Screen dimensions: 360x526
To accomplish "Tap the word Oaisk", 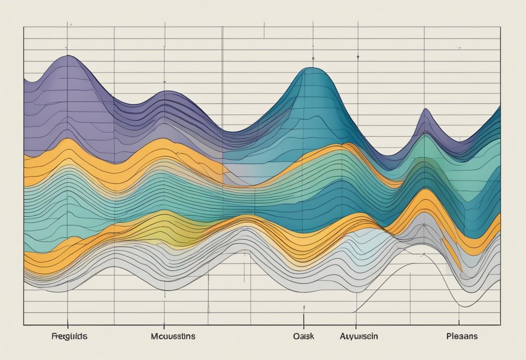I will tap(303, 336).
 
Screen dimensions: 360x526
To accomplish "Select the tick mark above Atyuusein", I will tap(356, 323).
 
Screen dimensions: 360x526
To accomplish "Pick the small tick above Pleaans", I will tap(459, 322).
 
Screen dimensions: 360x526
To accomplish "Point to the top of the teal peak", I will tap(311, 68).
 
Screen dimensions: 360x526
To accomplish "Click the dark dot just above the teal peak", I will tap(312, 58).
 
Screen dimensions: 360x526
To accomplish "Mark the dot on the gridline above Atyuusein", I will tap(358, 56).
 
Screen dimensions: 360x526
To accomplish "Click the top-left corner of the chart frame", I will tap(23, 27).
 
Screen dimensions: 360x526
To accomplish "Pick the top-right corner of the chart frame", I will tap(500, 27).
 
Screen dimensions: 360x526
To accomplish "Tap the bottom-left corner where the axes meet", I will tap(23, 325).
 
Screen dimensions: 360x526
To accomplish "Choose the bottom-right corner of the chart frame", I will tap(500, 325).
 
